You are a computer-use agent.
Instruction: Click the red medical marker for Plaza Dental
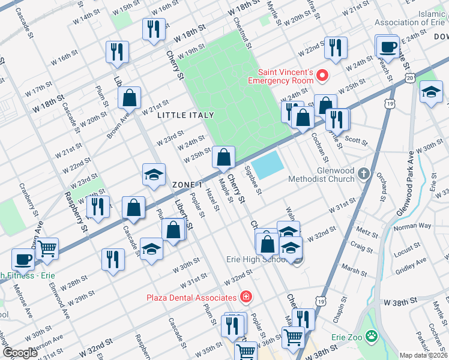(245, 297)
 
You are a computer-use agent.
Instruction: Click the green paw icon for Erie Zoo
(372, 337)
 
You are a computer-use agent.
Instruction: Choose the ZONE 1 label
(187, 184)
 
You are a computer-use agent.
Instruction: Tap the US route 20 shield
(409, 78)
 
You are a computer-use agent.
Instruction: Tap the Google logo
(20, 353)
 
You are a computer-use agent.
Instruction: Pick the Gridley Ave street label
(411, 265)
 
